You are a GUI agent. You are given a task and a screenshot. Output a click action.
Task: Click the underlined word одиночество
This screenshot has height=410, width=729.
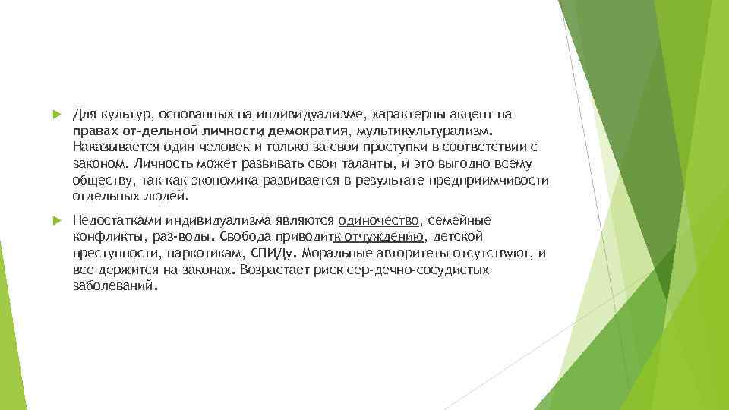[x=379, y=221]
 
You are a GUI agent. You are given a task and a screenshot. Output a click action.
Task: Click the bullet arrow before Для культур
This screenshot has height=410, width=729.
[x=55, y=115]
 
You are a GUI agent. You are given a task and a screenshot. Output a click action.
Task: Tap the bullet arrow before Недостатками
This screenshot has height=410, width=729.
[x=55, y=221]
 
